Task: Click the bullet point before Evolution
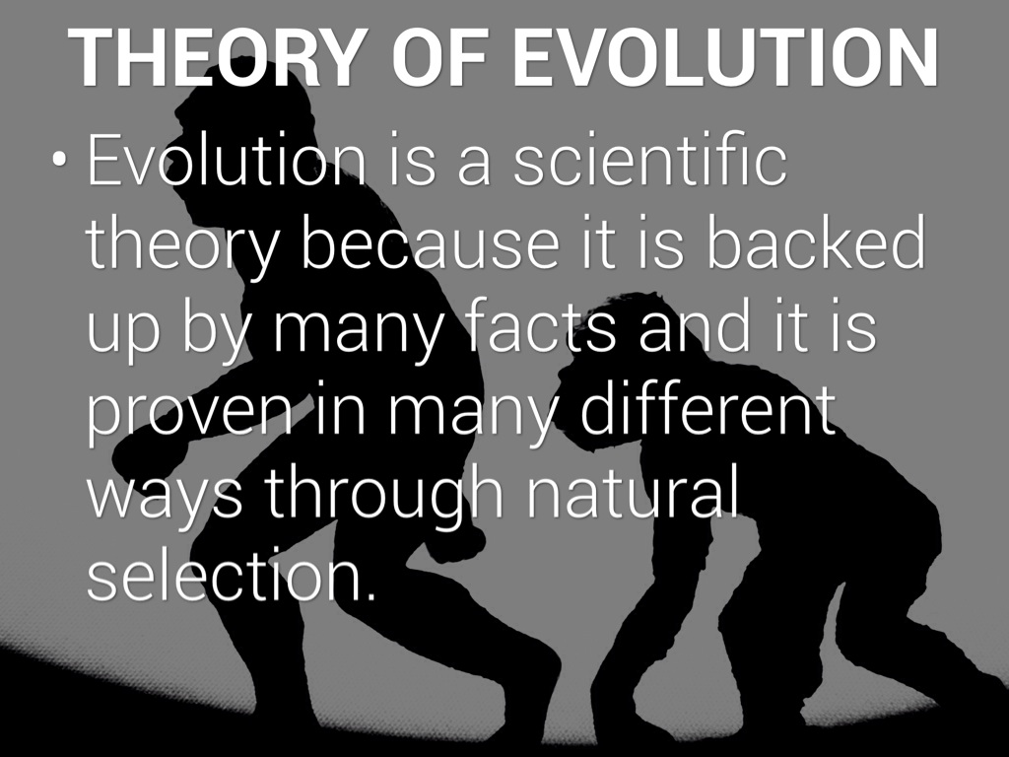tap(61, 164)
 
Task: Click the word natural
tap(631, 494)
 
